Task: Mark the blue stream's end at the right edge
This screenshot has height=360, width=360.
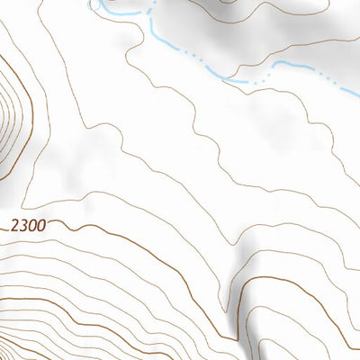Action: click(357, 94)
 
